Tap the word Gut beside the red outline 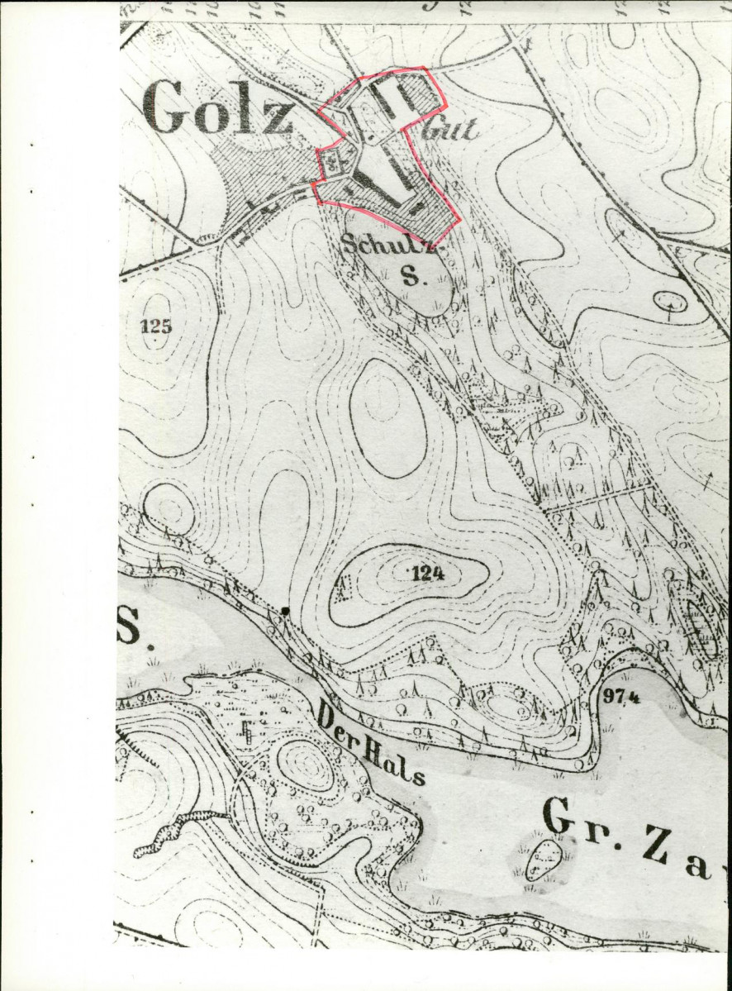coord(451,129)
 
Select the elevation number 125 coord(156,326)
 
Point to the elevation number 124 coord(427,574)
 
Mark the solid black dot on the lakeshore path coord(285,611)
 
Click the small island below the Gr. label coord(544,860)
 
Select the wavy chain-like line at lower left coord(178,831)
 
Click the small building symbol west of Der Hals coord(245,731)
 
